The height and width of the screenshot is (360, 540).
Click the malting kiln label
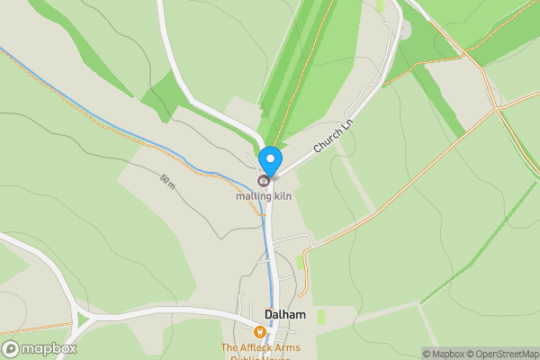pos(264,195)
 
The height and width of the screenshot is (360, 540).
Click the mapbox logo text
pos(49,349)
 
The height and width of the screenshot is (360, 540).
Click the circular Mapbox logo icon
pos(11,349)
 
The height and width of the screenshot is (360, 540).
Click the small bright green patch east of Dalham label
pos(321,316)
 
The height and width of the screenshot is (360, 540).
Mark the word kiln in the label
pos(282,195)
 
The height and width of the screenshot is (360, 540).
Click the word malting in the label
pos(253,195)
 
